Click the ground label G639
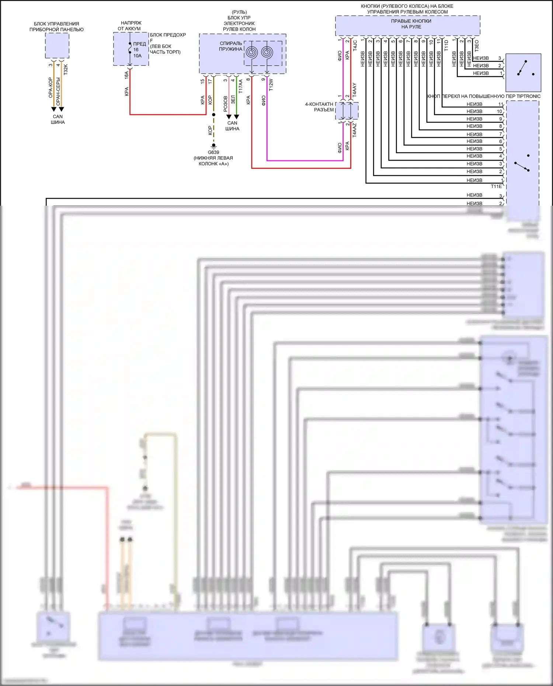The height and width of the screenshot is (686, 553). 213,152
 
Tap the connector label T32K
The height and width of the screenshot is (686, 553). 66,70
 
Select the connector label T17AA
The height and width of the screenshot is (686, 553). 241,86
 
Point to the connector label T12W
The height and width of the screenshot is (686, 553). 271,84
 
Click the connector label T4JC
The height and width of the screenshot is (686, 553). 355,45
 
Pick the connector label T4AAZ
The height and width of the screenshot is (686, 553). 354,130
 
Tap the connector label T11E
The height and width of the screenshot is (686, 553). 496,187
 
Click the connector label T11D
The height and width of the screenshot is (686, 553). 446,45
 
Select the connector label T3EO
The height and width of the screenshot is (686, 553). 477,46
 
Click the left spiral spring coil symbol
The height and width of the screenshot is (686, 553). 252,52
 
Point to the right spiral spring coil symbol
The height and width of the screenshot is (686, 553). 267,52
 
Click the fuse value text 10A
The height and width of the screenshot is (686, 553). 138,56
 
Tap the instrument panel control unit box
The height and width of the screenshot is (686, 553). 57,45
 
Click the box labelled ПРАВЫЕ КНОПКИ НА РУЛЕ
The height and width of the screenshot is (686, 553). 407,25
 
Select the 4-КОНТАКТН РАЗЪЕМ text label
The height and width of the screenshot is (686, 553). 319,107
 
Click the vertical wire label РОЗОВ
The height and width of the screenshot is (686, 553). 226,104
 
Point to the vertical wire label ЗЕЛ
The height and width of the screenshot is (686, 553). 233,100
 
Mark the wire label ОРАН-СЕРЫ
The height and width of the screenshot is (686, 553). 58,91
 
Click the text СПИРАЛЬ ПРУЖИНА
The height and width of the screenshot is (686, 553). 231,46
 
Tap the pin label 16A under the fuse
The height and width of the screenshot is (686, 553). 126,75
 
